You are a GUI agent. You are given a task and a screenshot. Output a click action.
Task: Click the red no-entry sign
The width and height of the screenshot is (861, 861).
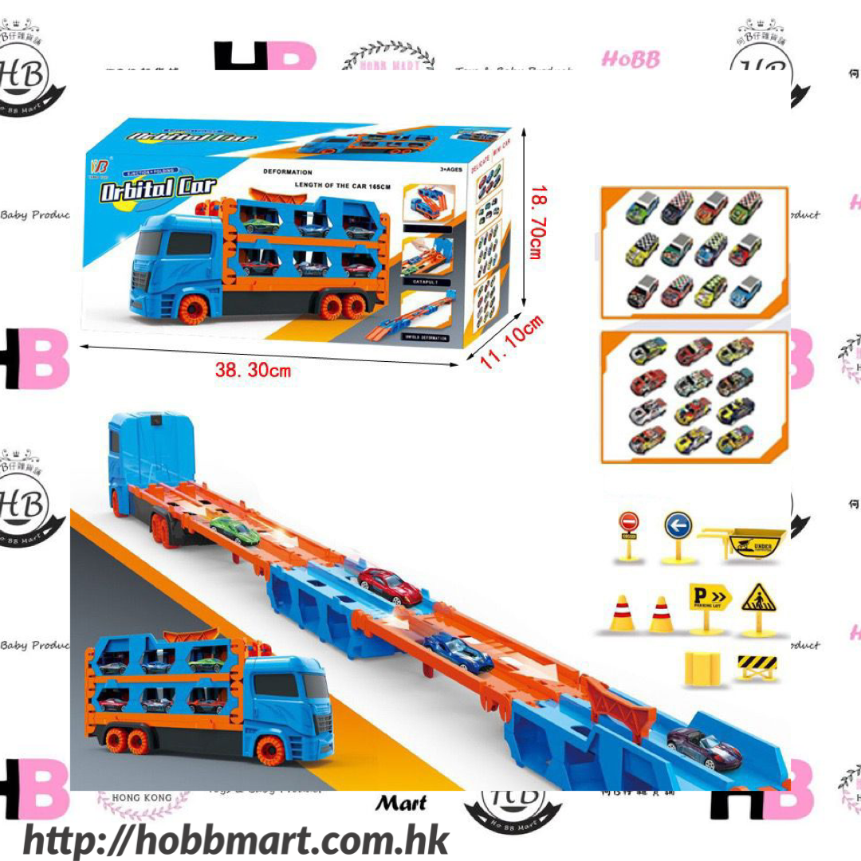point(629,523)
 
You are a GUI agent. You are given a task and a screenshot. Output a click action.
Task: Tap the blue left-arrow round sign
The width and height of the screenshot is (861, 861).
point(677,526)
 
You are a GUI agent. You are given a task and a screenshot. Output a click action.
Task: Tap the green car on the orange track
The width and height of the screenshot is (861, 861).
point(235,529)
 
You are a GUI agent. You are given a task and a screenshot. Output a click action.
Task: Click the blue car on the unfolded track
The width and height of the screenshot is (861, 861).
point(458,651)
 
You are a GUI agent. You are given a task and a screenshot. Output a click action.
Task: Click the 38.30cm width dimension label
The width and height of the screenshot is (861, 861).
point(253,369)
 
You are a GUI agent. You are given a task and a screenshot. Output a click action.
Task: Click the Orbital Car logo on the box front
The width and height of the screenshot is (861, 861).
point(158,189)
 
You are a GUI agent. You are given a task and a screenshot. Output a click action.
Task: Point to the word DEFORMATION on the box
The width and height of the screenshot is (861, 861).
point(288,172)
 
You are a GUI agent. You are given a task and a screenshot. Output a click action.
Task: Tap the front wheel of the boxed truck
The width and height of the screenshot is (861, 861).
point(194,309)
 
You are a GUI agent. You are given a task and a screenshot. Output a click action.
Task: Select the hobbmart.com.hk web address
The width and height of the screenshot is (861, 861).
point(236,840)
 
